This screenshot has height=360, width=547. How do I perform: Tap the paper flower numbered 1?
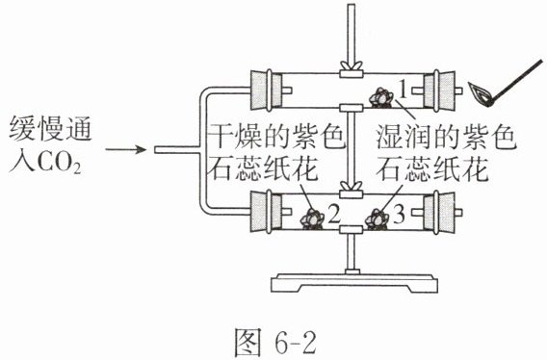381,97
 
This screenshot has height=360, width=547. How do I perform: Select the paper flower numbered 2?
312,219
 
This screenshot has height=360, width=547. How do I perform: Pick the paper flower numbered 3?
377,219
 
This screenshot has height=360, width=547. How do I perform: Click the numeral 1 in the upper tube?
403,90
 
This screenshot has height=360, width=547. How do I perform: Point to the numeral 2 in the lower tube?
334,214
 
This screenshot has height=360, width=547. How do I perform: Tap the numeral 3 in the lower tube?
399,214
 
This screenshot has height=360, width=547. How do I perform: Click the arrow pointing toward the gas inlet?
125,149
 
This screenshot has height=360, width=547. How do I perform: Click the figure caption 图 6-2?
274,341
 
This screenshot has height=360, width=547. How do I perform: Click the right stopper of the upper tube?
438,90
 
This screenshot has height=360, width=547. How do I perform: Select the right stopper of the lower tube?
438,212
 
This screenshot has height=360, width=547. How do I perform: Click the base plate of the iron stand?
354,283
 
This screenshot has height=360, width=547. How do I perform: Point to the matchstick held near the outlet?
516,82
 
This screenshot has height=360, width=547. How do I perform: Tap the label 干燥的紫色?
278,137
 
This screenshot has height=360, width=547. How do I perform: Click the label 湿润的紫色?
446,137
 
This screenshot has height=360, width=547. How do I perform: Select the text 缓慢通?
51,128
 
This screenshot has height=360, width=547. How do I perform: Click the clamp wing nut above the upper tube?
352,65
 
